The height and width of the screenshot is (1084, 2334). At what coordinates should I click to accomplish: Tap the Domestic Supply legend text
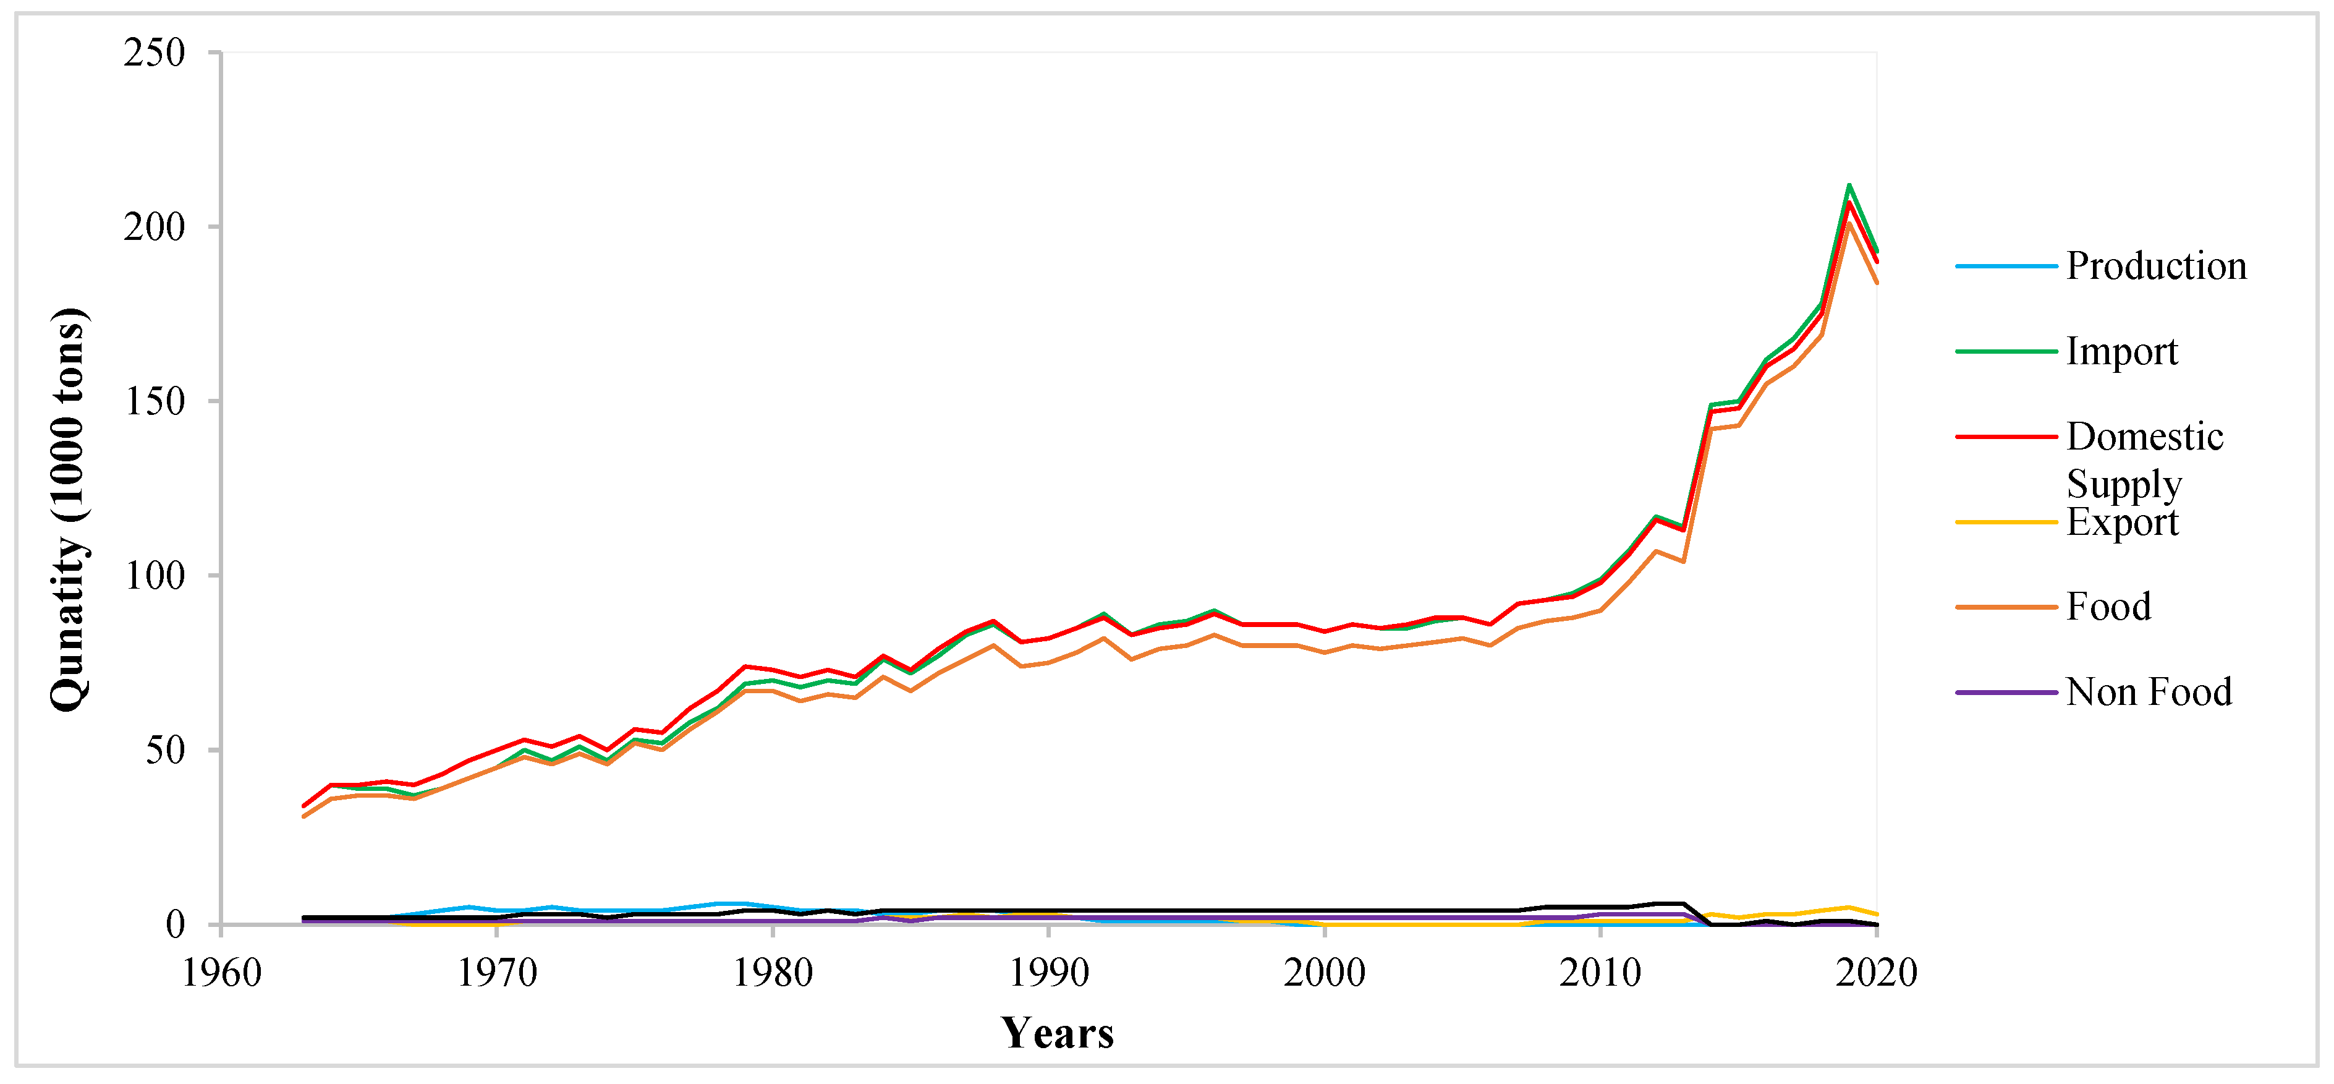pyautogui.click(x=2144, y=459)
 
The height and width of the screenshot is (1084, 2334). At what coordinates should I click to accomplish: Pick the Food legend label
pyautogui.click(x=2108, y=607)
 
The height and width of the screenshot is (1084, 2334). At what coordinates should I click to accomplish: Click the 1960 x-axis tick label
pyautogui.click(x=222, y=973)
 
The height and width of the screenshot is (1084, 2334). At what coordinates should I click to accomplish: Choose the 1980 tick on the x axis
pyautogui.click(x=773, y=973)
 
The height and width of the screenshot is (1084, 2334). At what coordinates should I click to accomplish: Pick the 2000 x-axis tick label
pyautogui.click(x=1325, y=973)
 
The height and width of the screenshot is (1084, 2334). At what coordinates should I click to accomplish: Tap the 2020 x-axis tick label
pyautogui.click(x=1875, y=973)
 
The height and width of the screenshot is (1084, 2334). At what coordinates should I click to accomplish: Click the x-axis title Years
pyautogui.click(x=1058, y=1033)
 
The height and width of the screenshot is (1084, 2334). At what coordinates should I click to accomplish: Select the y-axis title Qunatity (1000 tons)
pyautogui.click(x=69, y=510)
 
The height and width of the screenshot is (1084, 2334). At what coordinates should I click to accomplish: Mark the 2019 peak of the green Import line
pyautogui.click(x=1848, y=185)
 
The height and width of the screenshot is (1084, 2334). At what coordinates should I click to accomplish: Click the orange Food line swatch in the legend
pyautogui.click(x=2006, y=607)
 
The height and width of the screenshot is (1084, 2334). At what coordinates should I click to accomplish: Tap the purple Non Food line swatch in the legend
pyautogui.click(x=2006, y=693)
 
